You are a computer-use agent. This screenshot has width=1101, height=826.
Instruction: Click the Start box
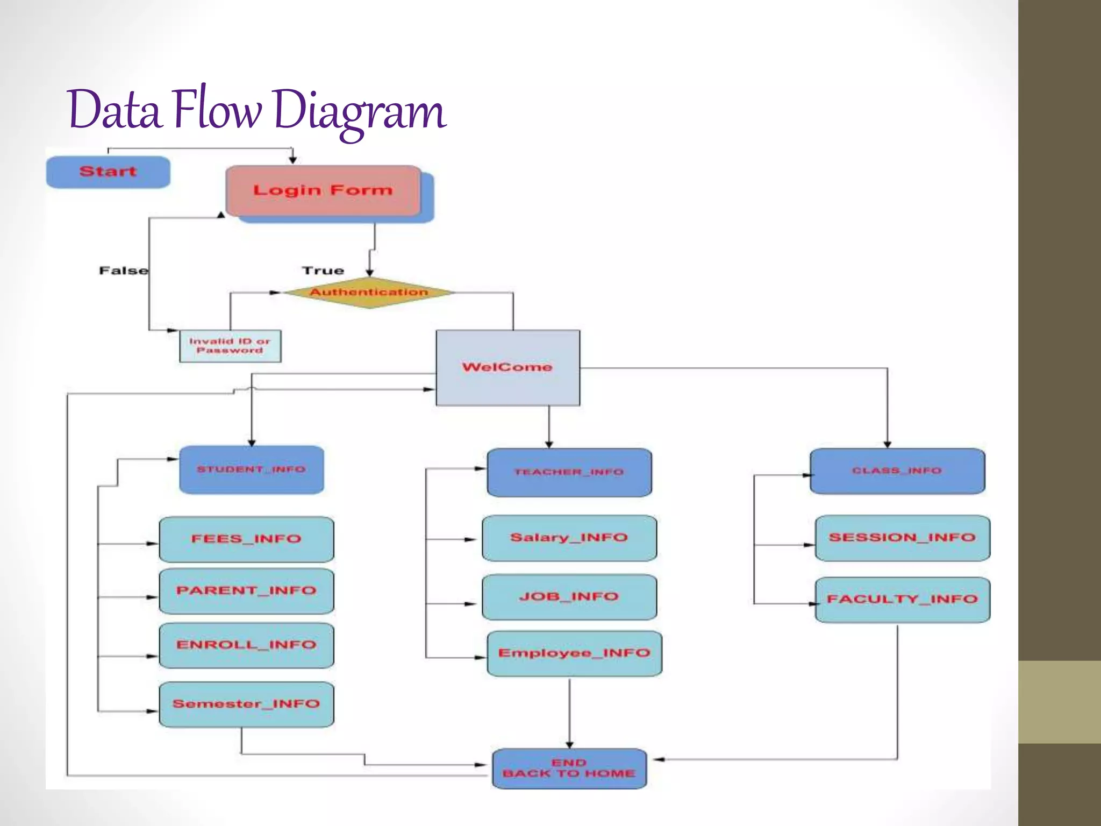coord(108,172)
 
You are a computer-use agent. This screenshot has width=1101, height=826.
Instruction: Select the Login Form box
coord(323,191)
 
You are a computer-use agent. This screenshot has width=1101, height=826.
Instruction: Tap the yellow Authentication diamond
coord(369,293)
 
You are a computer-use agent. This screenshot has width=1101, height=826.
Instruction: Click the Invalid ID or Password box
coord(230,346)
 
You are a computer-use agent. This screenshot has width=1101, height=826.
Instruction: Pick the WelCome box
coord(507,367)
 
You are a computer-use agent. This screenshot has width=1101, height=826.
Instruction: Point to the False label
coord(123,270)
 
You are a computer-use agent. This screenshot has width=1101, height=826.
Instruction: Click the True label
coord(323,270)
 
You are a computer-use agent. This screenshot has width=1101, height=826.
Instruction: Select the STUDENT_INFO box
coord(252,469)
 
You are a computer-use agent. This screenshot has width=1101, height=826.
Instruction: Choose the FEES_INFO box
coord(246,539)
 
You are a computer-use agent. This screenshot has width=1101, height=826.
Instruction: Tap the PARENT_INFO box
coord(246,591)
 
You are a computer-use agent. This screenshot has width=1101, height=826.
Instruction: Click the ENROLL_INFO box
coord(246,645)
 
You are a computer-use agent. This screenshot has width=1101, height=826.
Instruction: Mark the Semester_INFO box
coord(246,704)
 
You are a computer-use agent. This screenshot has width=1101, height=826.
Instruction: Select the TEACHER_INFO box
coord(569,472)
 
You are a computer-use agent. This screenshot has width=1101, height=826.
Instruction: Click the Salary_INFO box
coord(569,538)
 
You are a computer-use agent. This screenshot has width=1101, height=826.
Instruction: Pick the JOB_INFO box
coord(569,597)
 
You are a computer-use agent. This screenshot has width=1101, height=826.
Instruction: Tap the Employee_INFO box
coord(574,653)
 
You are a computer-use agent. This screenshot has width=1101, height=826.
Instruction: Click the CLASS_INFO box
coord(897,471)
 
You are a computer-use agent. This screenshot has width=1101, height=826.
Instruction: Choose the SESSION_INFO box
coord(902,538)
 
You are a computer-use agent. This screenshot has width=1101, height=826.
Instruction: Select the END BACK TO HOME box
coord(569,768)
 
